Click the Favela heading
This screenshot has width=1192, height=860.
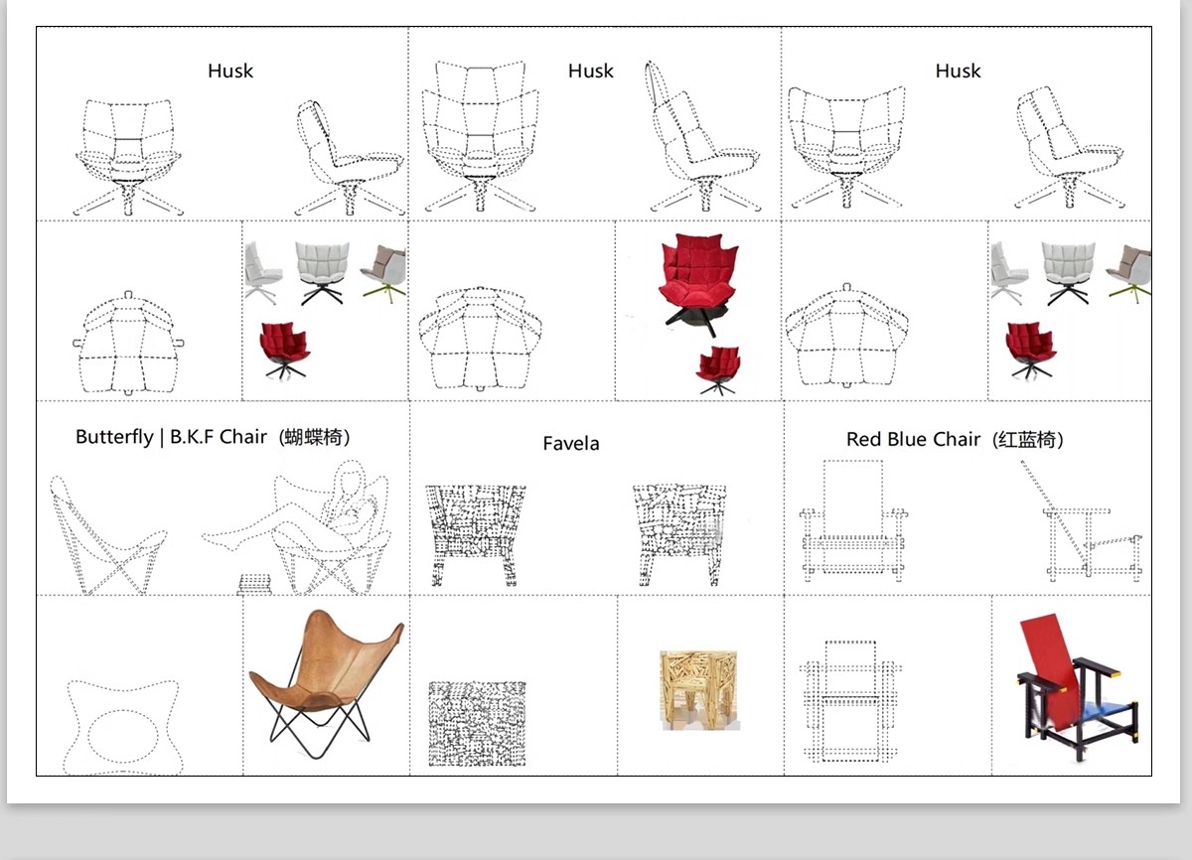click(x=571, y=444)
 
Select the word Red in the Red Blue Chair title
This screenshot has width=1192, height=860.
click(x=864, y=439)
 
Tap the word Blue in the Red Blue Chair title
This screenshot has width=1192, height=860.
click(x=908, y=439)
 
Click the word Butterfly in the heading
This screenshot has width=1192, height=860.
click(x=114, y=437)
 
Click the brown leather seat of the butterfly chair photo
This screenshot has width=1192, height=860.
click(x=326, y=658)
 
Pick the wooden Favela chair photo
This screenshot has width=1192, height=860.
click(x=699, y=690)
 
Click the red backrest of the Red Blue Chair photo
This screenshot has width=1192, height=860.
click(x=1051, y=671)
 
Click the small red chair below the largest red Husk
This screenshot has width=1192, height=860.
click(x=718, y=369)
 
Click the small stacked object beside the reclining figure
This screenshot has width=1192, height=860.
click(x=255, y=584)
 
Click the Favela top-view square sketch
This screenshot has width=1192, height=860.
click(x=477, y=724)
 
